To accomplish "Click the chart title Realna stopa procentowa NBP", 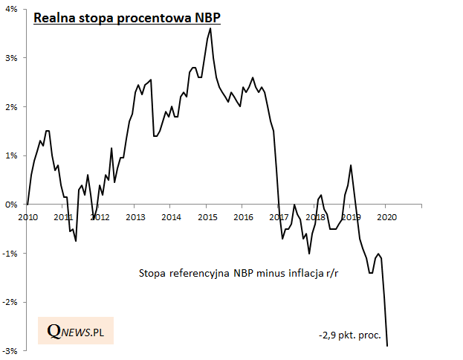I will (x=127, y=17).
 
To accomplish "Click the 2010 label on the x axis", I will (x=27, y=218).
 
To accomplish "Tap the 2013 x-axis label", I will (x=135, y=218).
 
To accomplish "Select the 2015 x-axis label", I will (x=207, y=218).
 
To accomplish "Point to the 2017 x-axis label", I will (x=279, y=218).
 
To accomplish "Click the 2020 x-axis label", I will (x=386, y=218).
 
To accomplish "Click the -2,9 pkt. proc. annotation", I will (x=349, y=335).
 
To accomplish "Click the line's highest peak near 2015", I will (x=210, y=28).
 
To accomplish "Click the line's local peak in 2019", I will (x=351, y=165).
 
